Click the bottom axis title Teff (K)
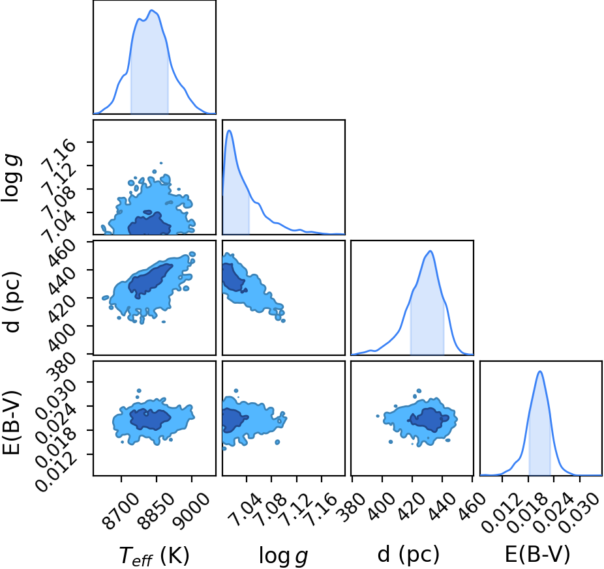154,555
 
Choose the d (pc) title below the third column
408,555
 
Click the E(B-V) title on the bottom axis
537,555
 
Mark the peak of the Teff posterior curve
152,10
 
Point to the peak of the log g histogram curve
230,130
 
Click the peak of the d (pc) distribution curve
430,251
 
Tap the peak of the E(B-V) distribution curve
540,371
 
